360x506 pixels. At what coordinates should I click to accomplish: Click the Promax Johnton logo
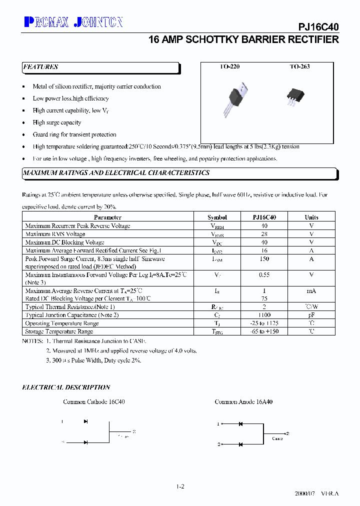click(x=73, y=22)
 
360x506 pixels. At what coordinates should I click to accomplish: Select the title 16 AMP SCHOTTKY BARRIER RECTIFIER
click(x=243, y=40)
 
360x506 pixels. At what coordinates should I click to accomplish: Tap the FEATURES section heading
click(x=40, y=67)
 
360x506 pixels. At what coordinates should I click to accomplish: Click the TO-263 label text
click(x=299, y=66)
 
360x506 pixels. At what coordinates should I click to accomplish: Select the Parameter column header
click(x=107, y=217)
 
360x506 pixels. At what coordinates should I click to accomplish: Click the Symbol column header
click(x=217, y=217)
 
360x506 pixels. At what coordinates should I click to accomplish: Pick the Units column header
click(x=311, y=217)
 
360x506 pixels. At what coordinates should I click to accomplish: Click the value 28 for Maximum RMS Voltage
click(x=264, y=234)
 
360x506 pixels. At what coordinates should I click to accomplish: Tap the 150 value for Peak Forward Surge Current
click(x=264, y=259)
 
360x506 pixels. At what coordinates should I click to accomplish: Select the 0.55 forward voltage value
click(x=264, y=275)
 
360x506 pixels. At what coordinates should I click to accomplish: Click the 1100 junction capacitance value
click(x=264, y=315)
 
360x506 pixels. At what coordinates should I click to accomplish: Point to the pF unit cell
click(x=311, y=315)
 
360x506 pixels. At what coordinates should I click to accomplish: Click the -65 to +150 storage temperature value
click(x=264, y=331)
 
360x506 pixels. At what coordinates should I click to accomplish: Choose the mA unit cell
click(x=311, y=290)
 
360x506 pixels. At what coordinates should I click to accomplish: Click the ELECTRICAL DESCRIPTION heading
click(x=66, y=387)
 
